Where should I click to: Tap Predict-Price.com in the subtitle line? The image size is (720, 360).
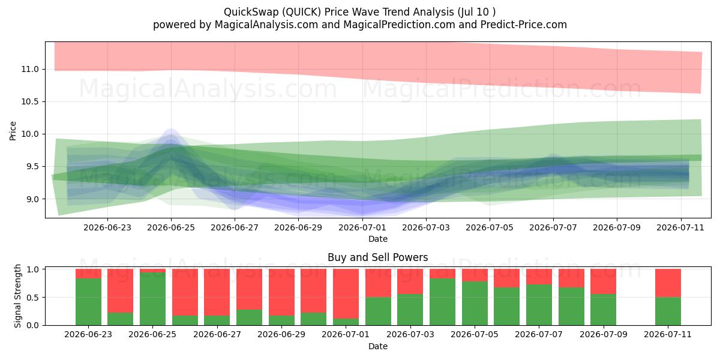click(524, 25)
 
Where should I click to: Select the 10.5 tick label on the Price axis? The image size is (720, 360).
click(30, 101)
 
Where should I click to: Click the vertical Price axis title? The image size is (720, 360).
click(13, 131)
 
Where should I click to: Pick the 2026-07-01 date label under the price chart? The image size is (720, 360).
click(362, 227)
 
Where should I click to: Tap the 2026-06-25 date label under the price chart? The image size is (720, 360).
click(171, 227)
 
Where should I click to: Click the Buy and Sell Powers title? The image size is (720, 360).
click(377, 257)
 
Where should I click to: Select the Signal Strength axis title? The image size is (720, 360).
click(17, 296)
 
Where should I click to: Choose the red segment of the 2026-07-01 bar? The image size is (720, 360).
click(346, 294)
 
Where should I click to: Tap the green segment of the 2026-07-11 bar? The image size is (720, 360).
click(668, 311)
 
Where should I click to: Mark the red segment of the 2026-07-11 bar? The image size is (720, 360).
click(668, 283)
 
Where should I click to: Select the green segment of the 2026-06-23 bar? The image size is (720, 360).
click(88, 302)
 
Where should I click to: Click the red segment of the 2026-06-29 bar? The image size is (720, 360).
click(281, 292)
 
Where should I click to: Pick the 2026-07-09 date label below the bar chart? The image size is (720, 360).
click(604, 335)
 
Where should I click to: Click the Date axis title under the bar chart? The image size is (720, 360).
click(377, 346)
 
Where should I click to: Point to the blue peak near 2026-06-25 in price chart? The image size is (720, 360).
click(171, 130)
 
